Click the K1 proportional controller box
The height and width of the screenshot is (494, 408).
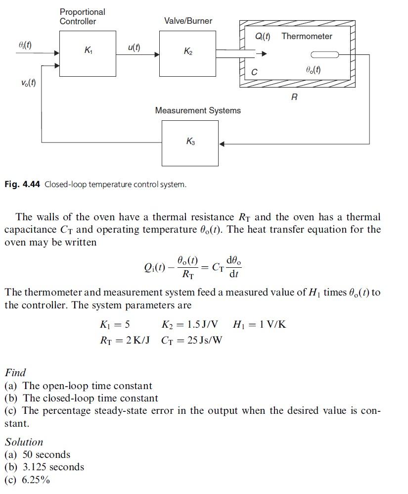(x=88, y=53)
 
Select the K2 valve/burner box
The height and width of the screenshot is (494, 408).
(x=187, y=53)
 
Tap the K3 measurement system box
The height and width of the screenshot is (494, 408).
(x=190, y=143)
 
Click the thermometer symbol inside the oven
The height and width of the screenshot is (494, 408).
(x=324, y=55)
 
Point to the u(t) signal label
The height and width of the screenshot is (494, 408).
(x=134, y=48)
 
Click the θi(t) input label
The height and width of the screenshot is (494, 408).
(x=25, y=45)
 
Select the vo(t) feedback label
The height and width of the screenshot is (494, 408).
(x=29, y=83)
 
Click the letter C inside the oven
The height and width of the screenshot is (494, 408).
(x=254, y=72)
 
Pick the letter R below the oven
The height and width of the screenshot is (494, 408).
(x=294, y=97)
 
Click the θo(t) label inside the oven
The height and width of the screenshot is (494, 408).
(x=313, y=70)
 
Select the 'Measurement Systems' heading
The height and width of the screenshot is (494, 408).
(x=198, y=110)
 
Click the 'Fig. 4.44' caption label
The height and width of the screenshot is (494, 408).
(x=22, y=185)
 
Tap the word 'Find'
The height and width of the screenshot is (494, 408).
(x=15, y=373)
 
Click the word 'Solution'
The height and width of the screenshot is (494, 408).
(x=24, y=442)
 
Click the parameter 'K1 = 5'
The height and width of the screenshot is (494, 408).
(x=115, y=325)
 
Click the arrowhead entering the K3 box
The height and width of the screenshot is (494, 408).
(x=222, y=144)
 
